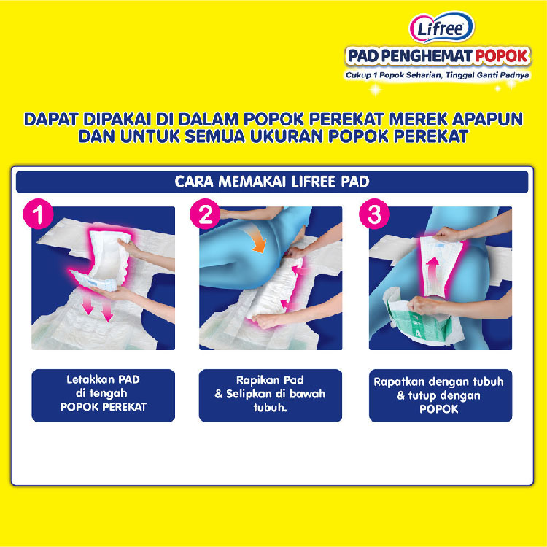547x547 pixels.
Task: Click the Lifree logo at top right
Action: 441,28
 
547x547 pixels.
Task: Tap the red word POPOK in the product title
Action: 502,56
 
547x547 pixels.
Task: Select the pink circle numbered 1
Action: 38,214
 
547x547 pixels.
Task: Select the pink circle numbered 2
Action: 205,214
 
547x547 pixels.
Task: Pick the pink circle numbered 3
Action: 374,214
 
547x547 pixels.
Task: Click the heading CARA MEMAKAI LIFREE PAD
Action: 272,182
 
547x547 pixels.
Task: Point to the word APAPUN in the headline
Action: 487,120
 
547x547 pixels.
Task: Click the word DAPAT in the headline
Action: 51,120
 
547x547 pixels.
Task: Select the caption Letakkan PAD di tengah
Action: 103,386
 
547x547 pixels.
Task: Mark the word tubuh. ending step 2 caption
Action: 271,408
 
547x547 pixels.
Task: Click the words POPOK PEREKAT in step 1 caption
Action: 104,407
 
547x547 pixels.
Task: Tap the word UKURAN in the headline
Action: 287,136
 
